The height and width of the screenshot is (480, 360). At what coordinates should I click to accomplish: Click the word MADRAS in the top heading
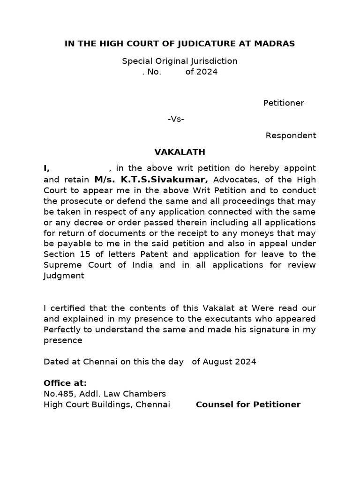click(274, 44)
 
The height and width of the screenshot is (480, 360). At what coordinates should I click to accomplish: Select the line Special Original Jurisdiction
click(180, 61)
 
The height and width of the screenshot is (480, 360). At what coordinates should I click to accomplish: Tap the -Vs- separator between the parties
click(176, 119)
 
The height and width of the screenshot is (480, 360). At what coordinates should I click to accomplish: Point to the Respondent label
click(291, 135)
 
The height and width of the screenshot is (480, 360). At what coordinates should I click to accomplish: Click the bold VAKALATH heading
click(180, 152)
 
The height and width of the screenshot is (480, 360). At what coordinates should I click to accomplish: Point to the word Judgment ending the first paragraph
click(64, 276)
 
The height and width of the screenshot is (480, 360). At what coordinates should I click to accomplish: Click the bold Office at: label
click(65, 383)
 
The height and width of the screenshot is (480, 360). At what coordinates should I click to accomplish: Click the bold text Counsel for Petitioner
click(248, 405)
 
